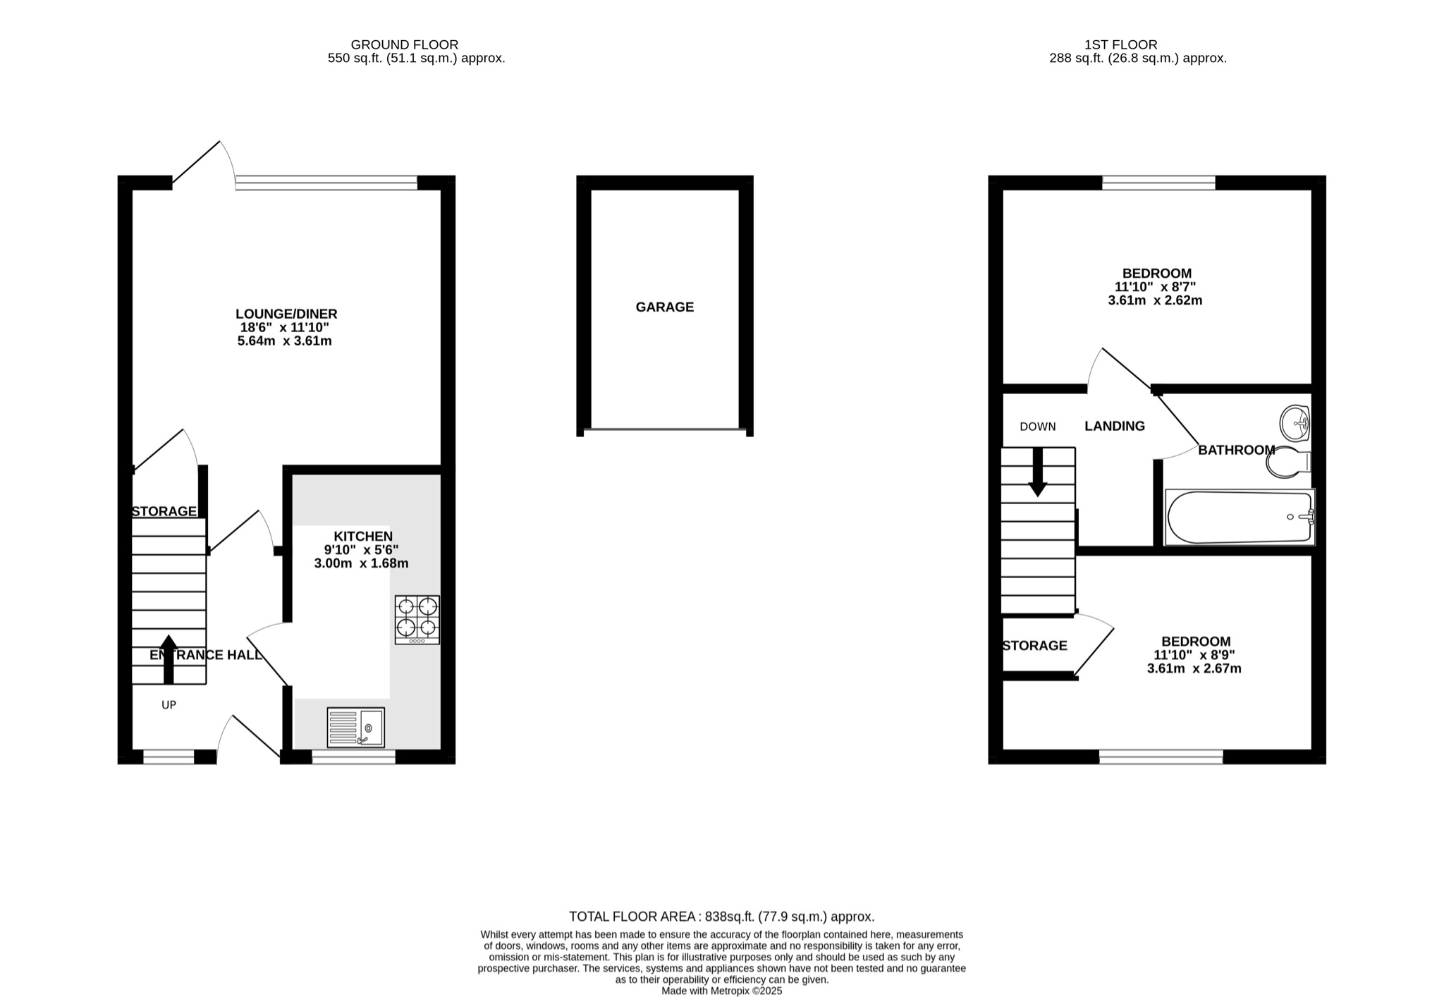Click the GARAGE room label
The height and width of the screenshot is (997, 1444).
[664, 307]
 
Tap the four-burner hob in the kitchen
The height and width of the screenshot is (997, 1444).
[417, 619]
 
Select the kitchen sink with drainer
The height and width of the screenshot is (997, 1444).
[356, 727]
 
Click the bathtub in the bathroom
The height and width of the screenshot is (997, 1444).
[1239, 517]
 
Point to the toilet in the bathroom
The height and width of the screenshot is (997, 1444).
[1287, 462]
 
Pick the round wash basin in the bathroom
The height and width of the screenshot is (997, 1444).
[1295, 422]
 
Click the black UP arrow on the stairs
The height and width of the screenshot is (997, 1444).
[168, 659]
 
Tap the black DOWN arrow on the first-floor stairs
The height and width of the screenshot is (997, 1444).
[1037, 472]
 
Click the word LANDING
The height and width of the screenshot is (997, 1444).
[1114, 426]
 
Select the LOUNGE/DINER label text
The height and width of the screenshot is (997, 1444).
[286, 314]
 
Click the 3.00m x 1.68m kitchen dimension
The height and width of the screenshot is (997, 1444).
[361, 563]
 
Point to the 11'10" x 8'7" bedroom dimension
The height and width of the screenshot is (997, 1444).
[1155, 287]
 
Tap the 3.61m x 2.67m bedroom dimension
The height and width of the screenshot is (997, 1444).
[1194, 668]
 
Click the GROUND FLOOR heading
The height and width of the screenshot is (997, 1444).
[405, 44]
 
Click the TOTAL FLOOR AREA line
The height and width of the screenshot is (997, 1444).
[721, 917]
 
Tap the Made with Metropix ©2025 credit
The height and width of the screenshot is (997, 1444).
[721, 991]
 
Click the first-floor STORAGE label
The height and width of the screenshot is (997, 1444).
[1034, 645]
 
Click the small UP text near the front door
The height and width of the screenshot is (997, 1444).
[169, 704]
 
